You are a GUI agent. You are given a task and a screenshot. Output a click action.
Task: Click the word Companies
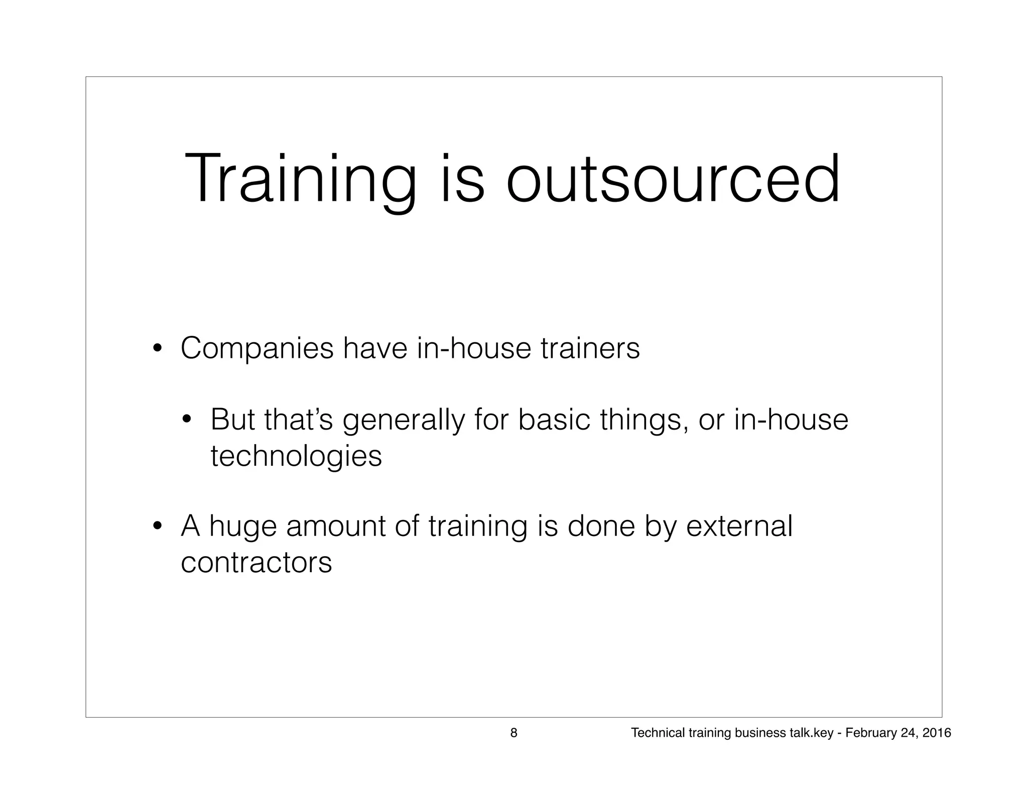(x=256, y=348)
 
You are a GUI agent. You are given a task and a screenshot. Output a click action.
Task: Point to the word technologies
(x=296, y=456)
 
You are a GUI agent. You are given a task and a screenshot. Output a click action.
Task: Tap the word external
(x=739, y=526)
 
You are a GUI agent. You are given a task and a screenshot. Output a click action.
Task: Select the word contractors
(x=256, y=562)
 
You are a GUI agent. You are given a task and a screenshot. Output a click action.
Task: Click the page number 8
(x=513, y=733)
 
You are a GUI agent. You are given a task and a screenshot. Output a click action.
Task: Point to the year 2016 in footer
(x=937, y=733)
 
